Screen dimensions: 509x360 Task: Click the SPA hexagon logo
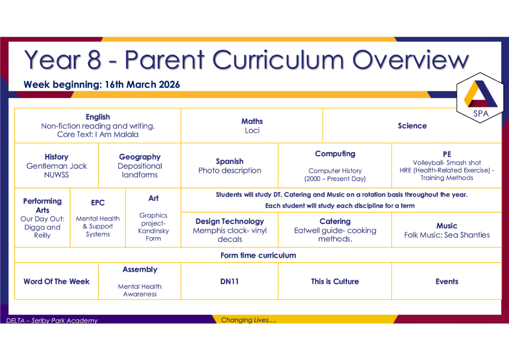click(480, 98)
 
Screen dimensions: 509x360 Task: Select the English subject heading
click(98, 117)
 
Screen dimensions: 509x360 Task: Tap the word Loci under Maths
click(252, 130)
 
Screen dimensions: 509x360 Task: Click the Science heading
click(412, 126)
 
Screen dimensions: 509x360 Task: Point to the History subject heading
click(57, 157)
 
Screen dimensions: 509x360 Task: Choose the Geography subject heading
click(140, 157)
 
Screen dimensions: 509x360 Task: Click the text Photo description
click(230, 171)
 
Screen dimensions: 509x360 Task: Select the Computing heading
click(335, 154)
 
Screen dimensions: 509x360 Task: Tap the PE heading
click(447, 154)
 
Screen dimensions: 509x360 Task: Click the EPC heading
click(98, 202)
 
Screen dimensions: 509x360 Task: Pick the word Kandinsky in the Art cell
click(153, 231)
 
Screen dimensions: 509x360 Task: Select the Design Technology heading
click(230, 221)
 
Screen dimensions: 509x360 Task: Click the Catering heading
click(335, 221)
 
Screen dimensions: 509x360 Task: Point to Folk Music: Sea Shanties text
click(447, 235)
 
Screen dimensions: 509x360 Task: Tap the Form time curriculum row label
click(258, 255)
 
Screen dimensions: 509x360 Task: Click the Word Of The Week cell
click(57, 281)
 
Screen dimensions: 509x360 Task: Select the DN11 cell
click(230, 281)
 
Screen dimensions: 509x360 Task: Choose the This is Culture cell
click(335, 281)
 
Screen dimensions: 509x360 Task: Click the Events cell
click(447, 281)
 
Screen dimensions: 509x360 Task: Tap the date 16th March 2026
click(142, 85)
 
